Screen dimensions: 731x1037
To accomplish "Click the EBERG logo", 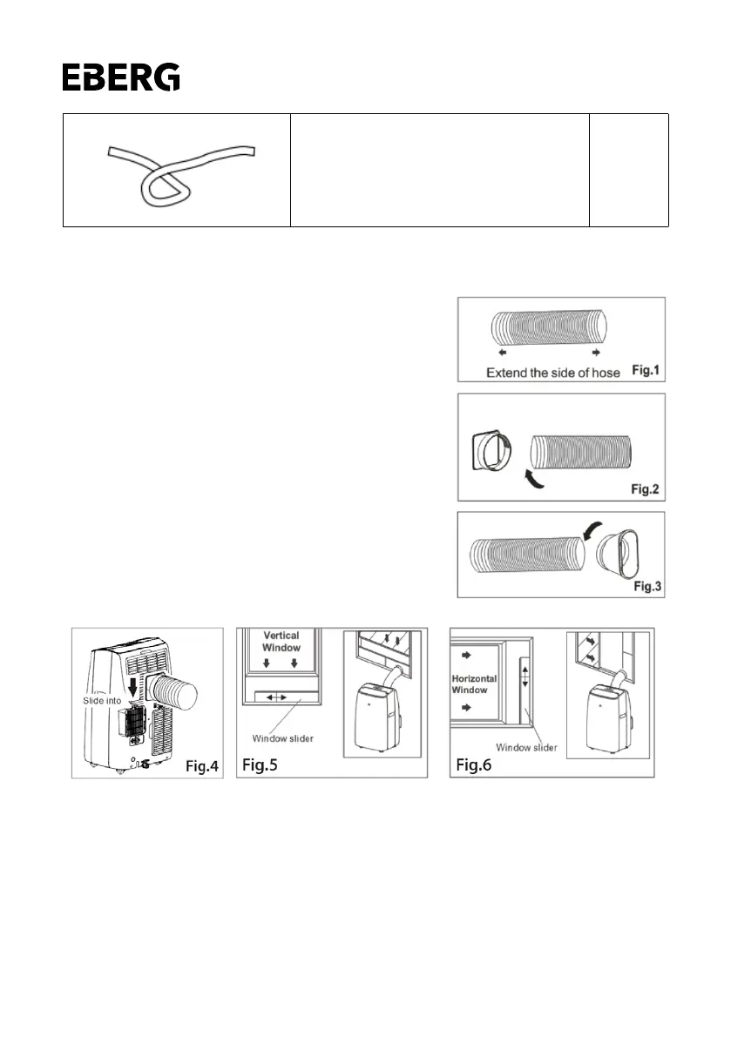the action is (x=121, y=77).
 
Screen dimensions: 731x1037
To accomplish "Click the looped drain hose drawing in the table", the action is (x=180, y=171).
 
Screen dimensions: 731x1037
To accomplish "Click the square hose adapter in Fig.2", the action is (x=491, y=452).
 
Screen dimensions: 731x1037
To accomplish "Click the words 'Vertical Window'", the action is (x=281, y=643).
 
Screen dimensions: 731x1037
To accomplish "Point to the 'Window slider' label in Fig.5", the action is (x=282, y=738).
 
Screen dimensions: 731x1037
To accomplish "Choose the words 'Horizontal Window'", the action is (x=475, y=684).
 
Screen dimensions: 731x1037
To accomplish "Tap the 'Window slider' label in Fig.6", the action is (x=525, y=747).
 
